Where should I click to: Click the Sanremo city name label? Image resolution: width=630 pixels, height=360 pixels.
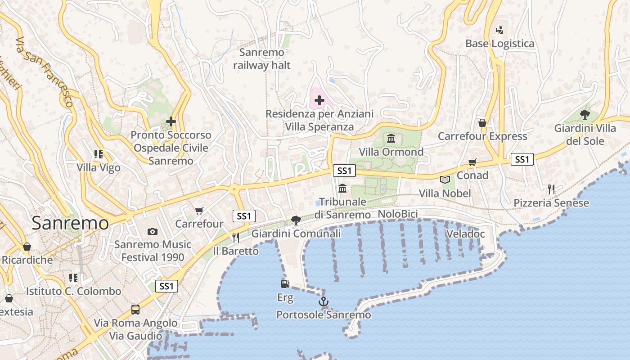pos(70,223)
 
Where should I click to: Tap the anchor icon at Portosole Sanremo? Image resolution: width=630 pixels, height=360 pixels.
pos(323,301)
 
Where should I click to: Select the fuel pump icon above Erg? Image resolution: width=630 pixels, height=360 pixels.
pos(285,283)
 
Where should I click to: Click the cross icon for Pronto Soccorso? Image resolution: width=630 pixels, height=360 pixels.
pos(171,121)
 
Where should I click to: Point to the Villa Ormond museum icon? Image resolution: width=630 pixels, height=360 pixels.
pos(391,138)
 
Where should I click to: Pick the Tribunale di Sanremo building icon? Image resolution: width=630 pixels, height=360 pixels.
pos(342,188)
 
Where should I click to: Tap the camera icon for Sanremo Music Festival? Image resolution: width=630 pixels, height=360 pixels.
pos(153,231)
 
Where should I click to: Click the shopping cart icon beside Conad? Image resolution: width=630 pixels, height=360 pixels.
pos(472,162)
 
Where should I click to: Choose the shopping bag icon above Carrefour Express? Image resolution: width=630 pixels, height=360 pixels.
pos(482,122)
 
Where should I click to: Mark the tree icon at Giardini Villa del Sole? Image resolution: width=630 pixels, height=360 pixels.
pos(585,114)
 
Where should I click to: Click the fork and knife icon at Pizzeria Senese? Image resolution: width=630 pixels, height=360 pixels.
pos(551,189)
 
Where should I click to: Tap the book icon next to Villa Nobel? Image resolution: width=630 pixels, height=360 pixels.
pos(445,180)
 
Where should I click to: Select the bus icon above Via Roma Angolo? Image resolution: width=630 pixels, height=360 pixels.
pos(135,309)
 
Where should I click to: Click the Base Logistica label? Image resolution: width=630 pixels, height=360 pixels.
pos(499,44)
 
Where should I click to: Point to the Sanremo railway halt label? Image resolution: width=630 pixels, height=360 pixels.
pos(262,59)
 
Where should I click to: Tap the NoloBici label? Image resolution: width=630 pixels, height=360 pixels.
pos(398,214)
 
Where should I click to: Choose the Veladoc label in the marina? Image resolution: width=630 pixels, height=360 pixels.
pos(465,234)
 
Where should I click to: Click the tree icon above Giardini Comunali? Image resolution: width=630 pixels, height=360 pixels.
pos(296,220)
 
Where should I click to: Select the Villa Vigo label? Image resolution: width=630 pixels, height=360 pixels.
pos(99,168)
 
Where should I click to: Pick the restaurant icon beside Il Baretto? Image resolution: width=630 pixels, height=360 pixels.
pos(235,237)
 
